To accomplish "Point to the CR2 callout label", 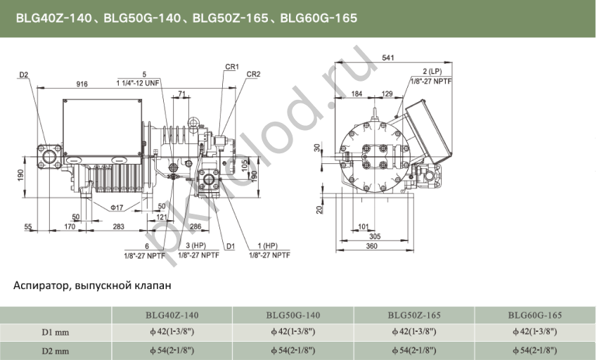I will [254, 74].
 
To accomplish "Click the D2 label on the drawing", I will [24, 75].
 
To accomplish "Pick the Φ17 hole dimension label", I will [117, 207].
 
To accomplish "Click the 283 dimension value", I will [118, 226].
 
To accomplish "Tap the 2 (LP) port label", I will [432, 72].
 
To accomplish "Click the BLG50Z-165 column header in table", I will [414, 315].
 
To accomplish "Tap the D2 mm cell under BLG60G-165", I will [534, 349].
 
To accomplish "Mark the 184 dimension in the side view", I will [357, 93].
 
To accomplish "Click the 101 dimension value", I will [363, 226].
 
